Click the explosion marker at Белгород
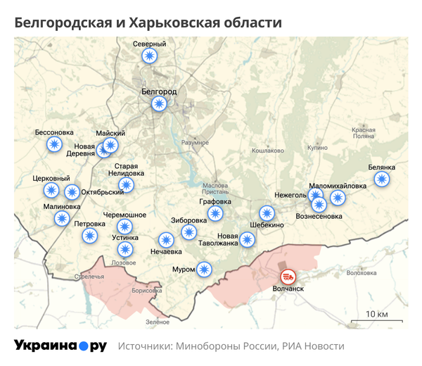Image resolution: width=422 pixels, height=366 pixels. (160, 104)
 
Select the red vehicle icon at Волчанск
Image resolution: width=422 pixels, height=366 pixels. (288, 277)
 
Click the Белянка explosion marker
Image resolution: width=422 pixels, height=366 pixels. (382, 179)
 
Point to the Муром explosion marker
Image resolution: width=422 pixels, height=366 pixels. (204, 269)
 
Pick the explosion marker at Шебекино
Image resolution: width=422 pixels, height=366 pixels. (267, 213)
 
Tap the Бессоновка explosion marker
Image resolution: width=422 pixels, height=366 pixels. (54, 144)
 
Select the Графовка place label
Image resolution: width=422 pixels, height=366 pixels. (215, 201)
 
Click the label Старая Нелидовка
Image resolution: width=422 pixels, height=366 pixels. (127, 169)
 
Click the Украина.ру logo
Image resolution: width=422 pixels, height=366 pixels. (60, 346)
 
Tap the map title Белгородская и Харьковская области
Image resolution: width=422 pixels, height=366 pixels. (148, 23)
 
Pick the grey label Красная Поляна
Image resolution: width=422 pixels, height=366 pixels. (364, 133)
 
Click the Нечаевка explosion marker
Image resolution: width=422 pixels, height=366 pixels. (166, 240)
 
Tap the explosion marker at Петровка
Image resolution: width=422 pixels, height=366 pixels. (89, 235)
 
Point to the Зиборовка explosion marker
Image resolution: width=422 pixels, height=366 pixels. (189, 232)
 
